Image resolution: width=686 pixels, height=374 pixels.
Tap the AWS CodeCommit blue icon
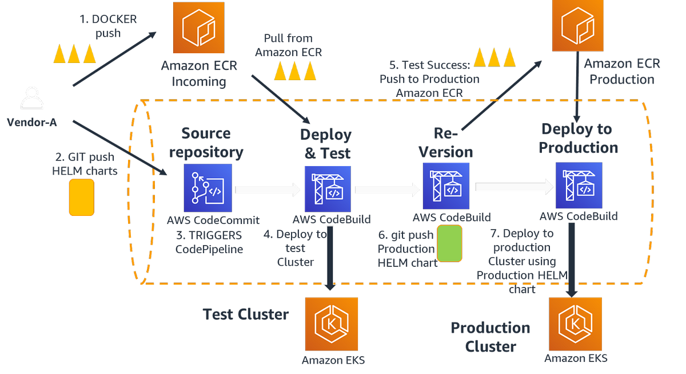208,187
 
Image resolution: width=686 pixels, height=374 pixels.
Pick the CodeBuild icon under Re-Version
446,185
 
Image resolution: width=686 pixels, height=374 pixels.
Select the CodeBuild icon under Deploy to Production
579,185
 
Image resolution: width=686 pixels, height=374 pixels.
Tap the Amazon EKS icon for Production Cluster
575,324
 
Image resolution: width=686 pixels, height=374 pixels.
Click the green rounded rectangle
449,243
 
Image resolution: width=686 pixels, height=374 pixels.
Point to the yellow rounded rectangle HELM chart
82,197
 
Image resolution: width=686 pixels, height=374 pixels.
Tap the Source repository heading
212,143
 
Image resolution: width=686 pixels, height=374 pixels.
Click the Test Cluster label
246,314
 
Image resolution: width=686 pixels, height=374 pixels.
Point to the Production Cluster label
490,337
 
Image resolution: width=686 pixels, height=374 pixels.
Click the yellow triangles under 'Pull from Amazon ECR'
295,71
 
